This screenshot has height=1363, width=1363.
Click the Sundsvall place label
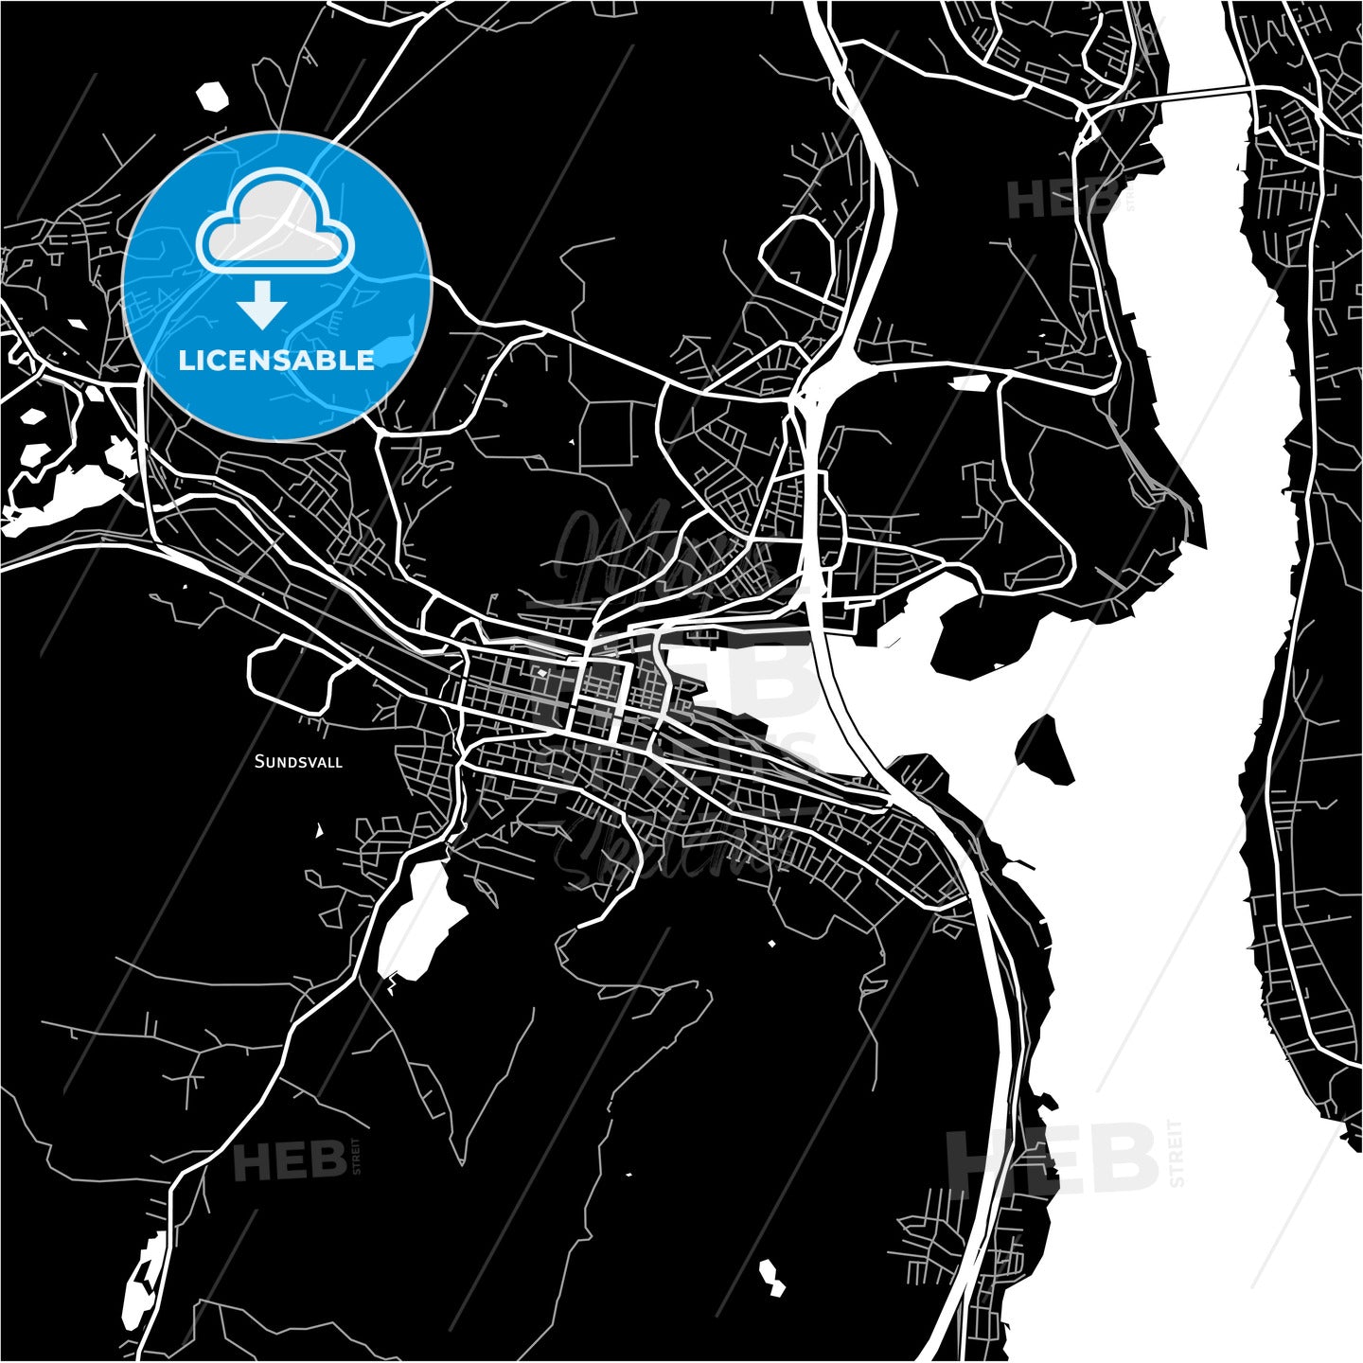point(298,761)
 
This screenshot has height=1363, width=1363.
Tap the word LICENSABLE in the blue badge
point(276,360)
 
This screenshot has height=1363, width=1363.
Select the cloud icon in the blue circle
point(274,223)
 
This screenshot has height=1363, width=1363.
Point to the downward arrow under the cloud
point(262,303)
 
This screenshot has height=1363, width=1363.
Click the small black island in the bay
point(1045,750)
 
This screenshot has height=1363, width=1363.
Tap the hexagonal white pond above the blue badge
point(212,97)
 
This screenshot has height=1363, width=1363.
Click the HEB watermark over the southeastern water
point(1053,1159)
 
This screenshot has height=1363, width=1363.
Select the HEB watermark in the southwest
point(289,1160)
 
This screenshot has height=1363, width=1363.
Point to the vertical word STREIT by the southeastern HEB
point(1177,1153)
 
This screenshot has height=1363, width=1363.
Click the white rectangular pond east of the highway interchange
point(969,383)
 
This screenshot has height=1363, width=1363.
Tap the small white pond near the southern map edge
point(771,1278)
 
